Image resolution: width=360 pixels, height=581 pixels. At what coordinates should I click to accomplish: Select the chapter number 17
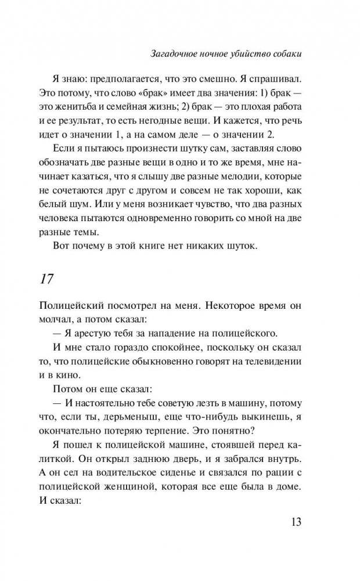(x=46, y=279)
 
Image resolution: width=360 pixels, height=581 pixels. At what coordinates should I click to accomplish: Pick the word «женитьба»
(x=80, y=107)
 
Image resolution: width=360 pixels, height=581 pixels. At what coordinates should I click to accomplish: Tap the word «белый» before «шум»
(x=52, y=206)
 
